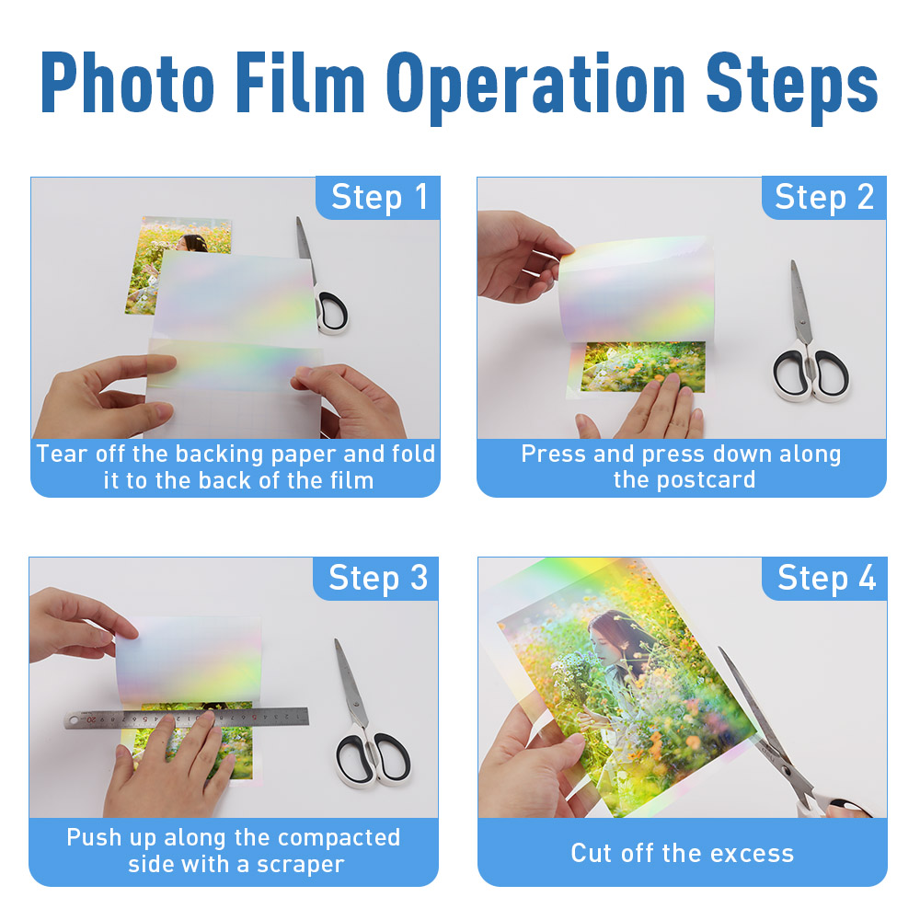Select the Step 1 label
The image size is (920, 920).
[379, 197]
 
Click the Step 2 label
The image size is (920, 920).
[824, 197]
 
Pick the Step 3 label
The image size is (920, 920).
[378, 578]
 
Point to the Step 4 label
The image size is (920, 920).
[826, 578]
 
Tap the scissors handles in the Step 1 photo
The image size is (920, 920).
[331, 308]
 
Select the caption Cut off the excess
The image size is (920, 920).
[682, 853]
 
